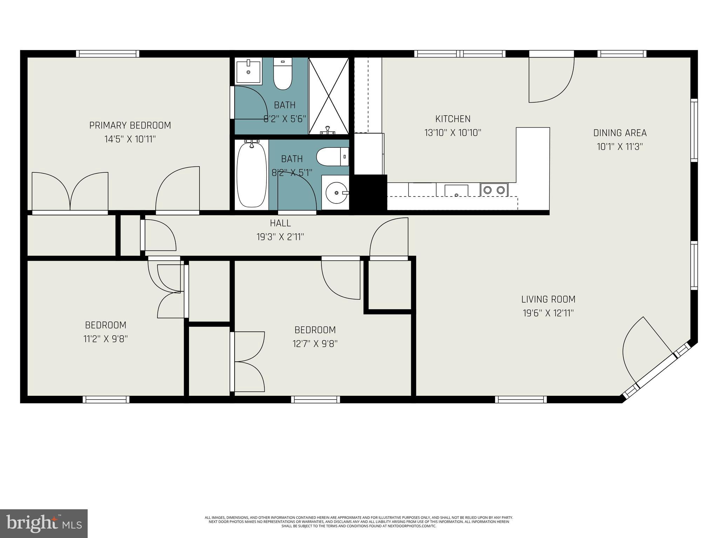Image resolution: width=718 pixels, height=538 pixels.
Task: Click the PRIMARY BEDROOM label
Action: coord(130,125)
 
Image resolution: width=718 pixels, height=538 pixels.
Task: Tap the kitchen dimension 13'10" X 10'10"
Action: coord(453,133)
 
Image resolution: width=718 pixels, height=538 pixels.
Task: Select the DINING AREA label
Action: coord(620,133)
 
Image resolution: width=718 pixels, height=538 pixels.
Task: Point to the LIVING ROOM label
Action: coord(548,299)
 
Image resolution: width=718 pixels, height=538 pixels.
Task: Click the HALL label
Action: coord(280,223)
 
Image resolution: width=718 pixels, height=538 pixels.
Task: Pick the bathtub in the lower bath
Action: coord(251,174)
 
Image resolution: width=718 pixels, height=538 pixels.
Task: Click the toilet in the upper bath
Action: coord(283,75)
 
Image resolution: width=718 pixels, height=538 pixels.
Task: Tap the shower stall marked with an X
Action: coord(328,96)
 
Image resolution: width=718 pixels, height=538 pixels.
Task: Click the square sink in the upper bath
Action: coord(249,71)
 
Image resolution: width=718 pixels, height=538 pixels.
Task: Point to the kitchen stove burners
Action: coord(494,190)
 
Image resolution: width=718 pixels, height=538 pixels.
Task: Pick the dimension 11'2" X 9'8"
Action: coord(106,339)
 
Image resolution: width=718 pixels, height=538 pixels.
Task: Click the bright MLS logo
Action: coord(44,523)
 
